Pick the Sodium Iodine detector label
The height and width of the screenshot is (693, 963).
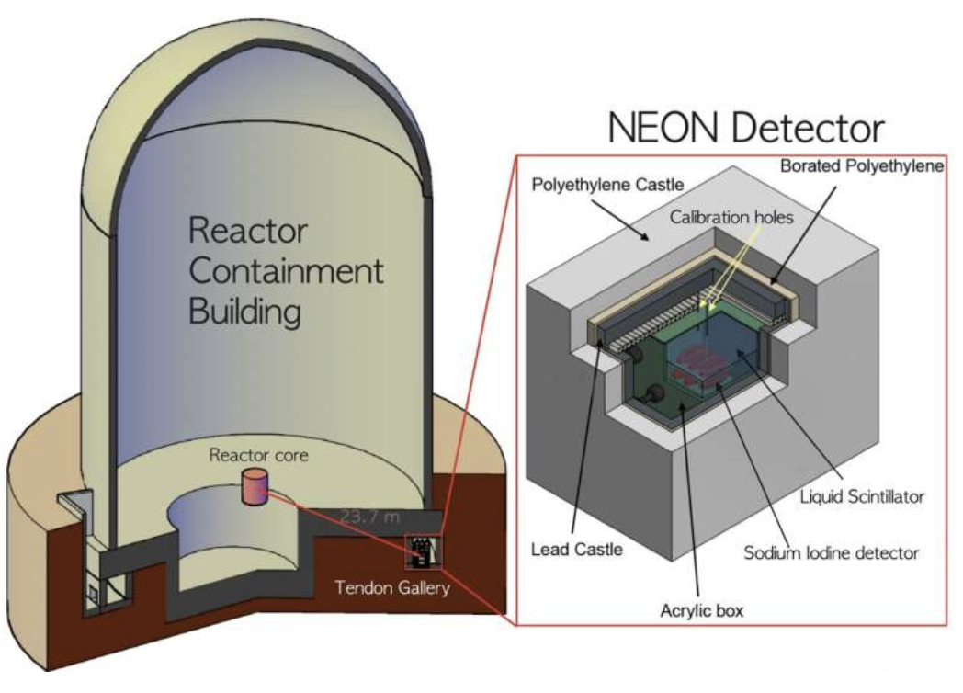831,552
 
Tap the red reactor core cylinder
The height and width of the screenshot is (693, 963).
254,486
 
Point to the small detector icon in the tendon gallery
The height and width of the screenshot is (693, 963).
422,553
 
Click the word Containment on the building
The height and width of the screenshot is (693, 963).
286,271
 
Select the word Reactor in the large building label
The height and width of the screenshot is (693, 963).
247,230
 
